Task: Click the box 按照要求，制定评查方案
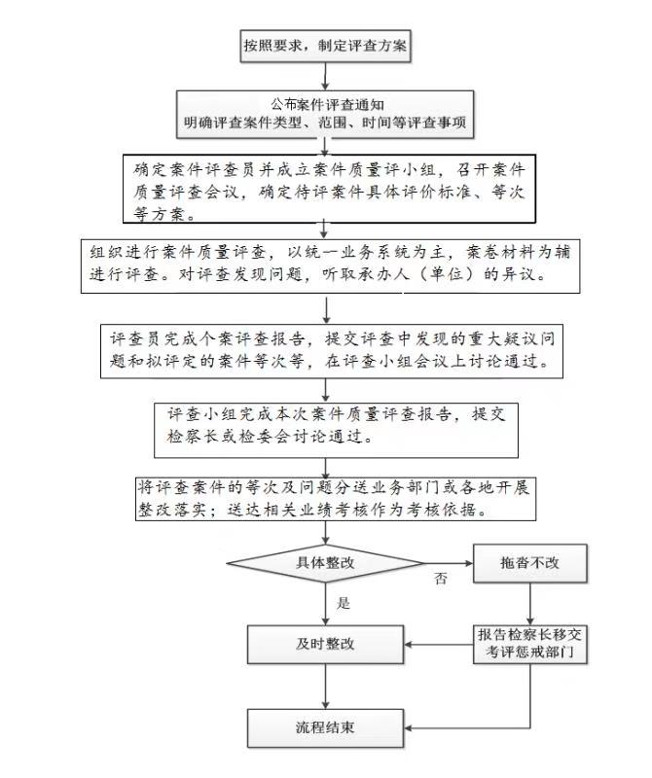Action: click(325, 46)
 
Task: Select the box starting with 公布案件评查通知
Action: click(325, 114)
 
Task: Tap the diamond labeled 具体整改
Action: click(325, 563)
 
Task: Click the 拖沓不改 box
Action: click(529, 563)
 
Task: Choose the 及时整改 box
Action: click(325, 644)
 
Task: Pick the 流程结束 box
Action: click(325, 727)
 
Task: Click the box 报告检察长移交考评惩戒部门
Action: click(529, 644)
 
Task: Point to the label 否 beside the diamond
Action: click(441, 578)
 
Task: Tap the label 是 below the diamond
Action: click(344, 603)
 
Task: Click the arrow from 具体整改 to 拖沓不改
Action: click(449, 563)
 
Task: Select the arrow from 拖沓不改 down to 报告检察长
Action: click(529, 603)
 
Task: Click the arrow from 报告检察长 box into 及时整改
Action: click(438, 645)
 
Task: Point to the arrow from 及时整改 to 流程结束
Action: click(325, 687)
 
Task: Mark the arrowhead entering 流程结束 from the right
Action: click(407, 728)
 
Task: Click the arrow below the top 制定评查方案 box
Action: click(325, 77)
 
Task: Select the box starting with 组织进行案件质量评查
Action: click(330, 266)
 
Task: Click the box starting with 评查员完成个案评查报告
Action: click(332, 351)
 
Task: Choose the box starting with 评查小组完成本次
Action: click(336, 430)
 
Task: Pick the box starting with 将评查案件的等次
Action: click(336, 499)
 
